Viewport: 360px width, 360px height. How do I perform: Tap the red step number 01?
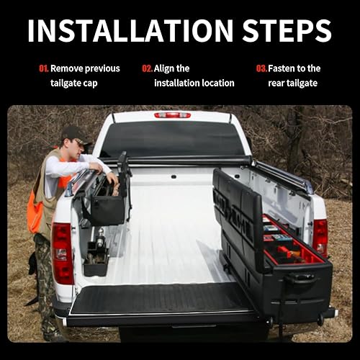[x=43, y=68]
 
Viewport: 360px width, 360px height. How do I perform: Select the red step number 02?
[x=147, y=68]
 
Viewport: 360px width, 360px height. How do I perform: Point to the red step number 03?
[x=261, y=68]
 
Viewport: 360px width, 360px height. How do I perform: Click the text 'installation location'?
[x=194, y=83]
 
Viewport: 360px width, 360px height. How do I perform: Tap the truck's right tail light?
[x=320, y=234]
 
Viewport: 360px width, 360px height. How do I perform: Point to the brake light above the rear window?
[x=172, y=114]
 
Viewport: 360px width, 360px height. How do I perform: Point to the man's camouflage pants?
[x=45, y=281]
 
